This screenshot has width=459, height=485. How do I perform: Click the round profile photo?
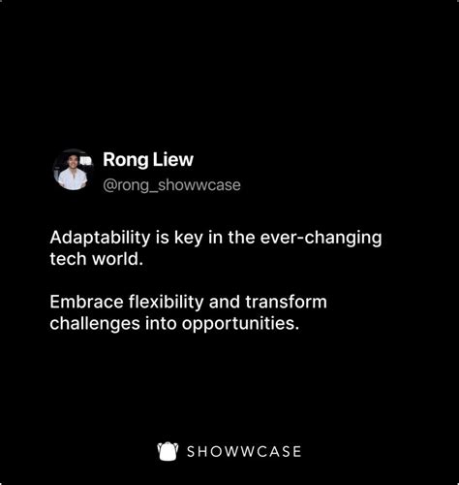coord(72,170)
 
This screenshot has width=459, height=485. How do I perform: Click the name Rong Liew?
coord(148,159)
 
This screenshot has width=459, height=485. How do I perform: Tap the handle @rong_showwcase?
coord(171,184)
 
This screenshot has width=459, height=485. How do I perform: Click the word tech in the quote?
coord(67,261)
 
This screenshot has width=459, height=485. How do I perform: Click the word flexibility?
coord(169,302)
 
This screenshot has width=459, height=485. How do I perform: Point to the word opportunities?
coord(243,324)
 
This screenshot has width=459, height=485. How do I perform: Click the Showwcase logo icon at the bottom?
coord(168,451)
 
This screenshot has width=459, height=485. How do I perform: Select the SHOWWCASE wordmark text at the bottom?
coord(244,452)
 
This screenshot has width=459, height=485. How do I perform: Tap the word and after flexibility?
coord(230,302)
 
